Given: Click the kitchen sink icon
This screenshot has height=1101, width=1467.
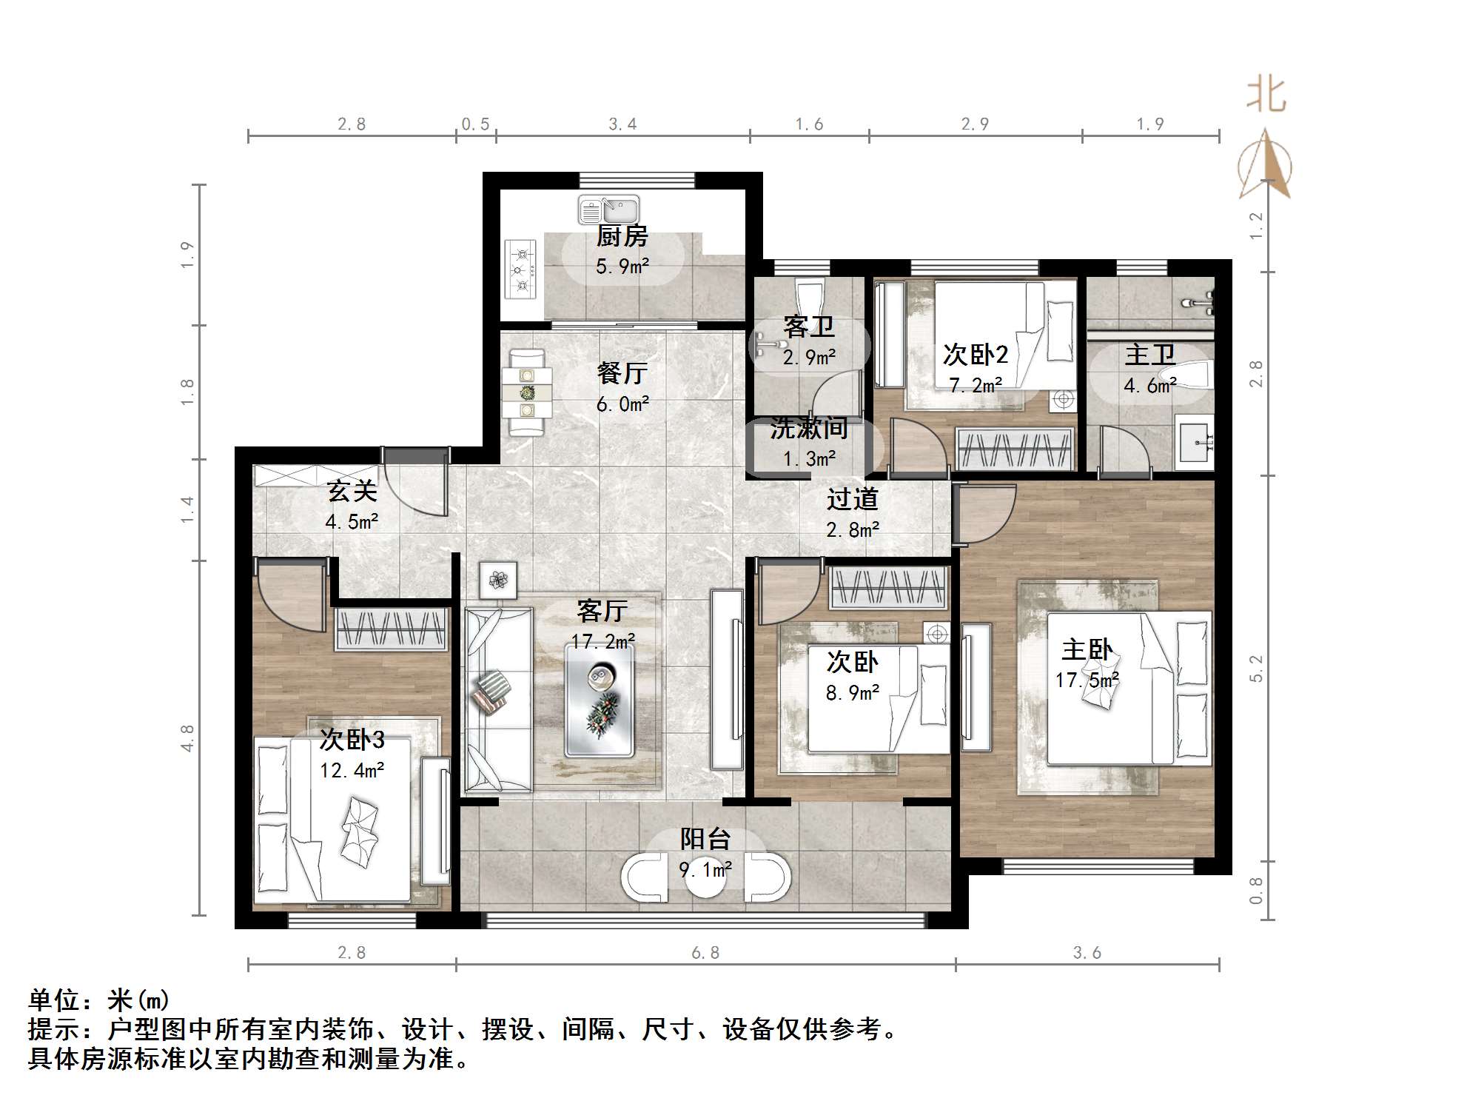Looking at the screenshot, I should pyautogui.click(x=608, y=210).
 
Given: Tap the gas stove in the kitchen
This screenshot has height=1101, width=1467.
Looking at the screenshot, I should pyautogui.click(x=521, y=270).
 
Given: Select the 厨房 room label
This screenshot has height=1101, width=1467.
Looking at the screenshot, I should pyautogui.click(x=622, y=237).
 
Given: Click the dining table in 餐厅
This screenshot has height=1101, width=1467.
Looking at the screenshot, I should pyautogui.click(x=526, y=392).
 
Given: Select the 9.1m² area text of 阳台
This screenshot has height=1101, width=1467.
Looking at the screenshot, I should pyautogui.click(x=705, y=869).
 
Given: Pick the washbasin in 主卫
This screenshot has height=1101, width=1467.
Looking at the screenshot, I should pyautogui.click(x=1195, y=444).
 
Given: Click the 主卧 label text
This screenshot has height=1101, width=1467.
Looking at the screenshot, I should pyautogui.click(x=1087, y=650).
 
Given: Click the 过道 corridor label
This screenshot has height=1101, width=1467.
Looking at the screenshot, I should pyautogui.click(x=852, y=499).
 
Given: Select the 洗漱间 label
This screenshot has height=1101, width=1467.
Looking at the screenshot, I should pyautogui.click(x=809, y=429).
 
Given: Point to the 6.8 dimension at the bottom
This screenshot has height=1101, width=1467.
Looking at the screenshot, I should pyautogui.click(x=705, y=952).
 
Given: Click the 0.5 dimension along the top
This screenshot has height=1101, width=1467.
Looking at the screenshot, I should pyautogui.click(x=475, y=124).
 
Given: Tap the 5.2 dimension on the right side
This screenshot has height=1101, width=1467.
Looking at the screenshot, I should pyautogui.click(x=1256, y=669).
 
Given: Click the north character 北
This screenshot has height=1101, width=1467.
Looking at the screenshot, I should pyautogui.click(x=1266, y=96).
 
